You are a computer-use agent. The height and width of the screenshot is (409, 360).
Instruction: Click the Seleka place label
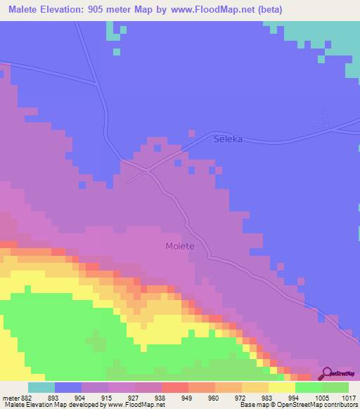tap(228, 139)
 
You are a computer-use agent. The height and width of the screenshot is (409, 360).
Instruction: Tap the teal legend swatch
tap(41, 387)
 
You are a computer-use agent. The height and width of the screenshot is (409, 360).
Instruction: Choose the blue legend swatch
tap(68, 387)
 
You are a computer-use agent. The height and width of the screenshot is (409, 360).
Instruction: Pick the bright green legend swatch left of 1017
tap(335, 387)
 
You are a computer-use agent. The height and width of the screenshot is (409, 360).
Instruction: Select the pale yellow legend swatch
tap(282, 387)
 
